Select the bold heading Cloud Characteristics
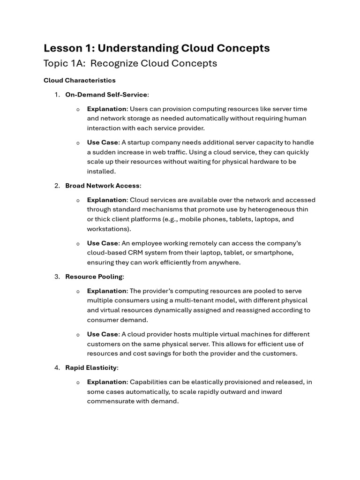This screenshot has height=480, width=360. (x=79, y=80)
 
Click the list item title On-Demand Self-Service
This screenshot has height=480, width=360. (x=106, y=95)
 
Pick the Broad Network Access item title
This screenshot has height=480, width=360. (x=102, y=186)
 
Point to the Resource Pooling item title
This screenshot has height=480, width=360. (x=94, y=277)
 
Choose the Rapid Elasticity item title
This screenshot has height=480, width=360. (x=91, y=367)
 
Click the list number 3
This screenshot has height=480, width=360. (x=56, y=277)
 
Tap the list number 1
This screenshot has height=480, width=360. (x=56, y=95)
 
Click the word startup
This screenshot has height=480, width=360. (x=140, y=142)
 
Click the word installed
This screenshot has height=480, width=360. (x=101, y=172)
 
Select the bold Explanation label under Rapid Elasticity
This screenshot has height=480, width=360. (x=107, y=382)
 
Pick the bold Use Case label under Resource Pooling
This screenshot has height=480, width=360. (x=103, y=334)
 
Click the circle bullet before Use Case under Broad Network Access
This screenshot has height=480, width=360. (x=78, y=244)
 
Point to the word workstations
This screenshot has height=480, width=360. (x=108, y=229)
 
